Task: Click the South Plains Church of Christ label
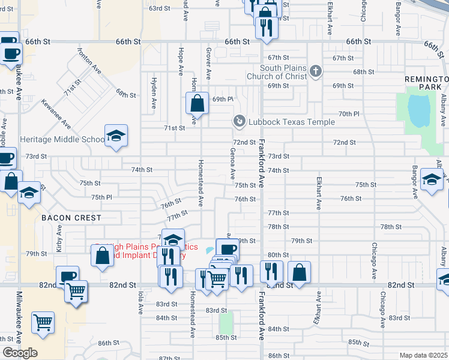[x=283, y=72]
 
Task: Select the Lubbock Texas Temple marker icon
[x=240, y=122]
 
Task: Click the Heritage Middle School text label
[x=62, y=139]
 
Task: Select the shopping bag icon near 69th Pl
[x=197, y=103]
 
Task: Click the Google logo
[x=19, y=353]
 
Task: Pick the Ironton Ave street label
[x=89, y=62]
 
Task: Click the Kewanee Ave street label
[x=58, y=114]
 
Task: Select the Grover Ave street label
[x=208, y=64]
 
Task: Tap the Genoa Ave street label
[x=232, y=164]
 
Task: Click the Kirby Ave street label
[x=59, y=238]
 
